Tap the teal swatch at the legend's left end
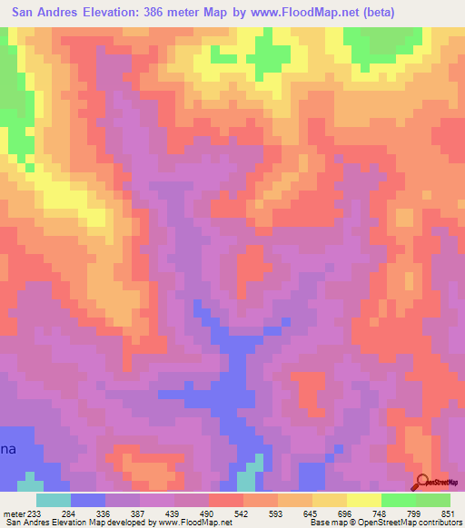(x=54, y=499)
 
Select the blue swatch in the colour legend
(x=88, y=499)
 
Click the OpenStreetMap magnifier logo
(x=423, y=483)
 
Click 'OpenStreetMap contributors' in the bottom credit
(x=408, y=523)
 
